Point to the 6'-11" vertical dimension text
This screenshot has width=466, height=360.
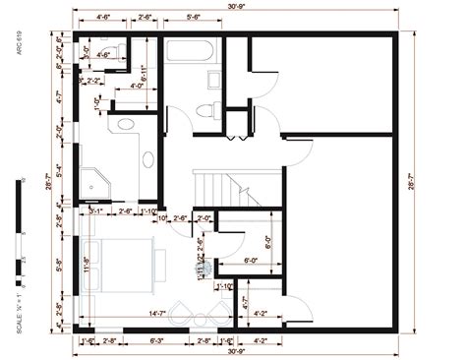145,71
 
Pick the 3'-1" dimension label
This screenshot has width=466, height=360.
95,210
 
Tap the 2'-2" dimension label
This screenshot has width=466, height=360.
93,80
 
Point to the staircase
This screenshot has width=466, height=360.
216,181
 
